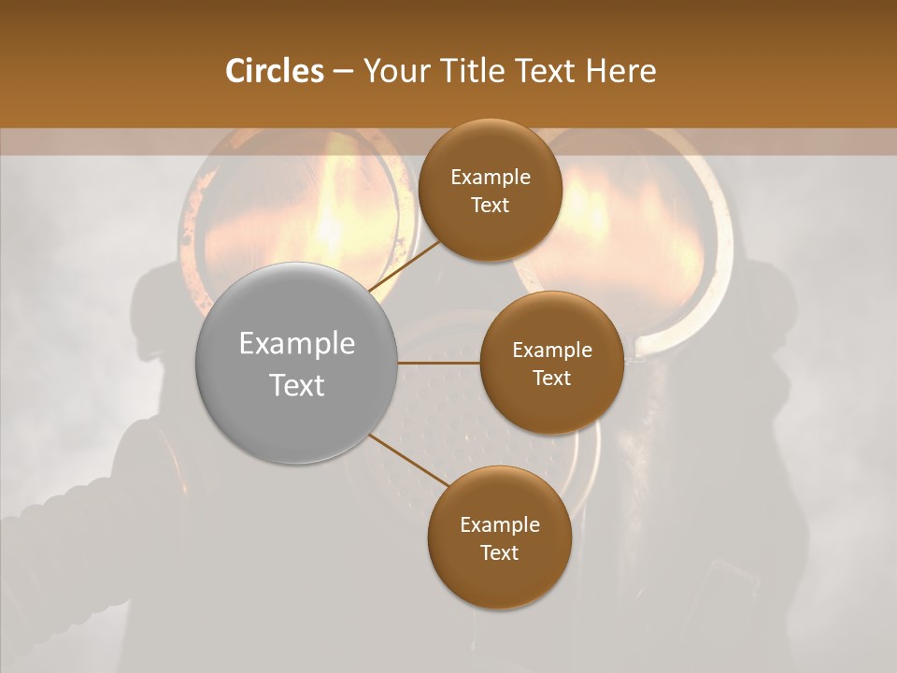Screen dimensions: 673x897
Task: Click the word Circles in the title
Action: tap(275, 71)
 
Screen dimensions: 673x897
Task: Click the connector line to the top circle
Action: tap(406, 264)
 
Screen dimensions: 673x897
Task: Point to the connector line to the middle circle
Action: tap(439, 363)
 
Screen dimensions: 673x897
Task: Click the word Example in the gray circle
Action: tap(297, 344)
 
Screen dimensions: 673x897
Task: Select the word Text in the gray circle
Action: tap(297, 385)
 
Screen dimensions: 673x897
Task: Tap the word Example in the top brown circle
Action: tap(491, 178)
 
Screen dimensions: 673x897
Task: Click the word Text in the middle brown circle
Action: tap(551, 379)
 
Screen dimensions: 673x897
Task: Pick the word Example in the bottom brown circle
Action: tap(500, 525)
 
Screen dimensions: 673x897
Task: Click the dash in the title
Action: tap(343, 71)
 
